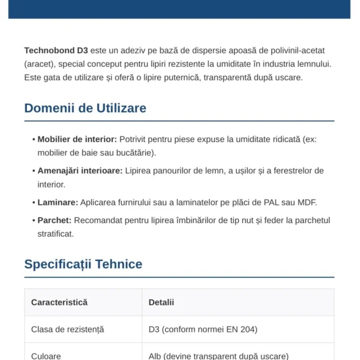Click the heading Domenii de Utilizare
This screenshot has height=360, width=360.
85,108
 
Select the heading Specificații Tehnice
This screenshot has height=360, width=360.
83,264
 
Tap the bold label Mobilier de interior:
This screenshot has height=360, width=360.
77,139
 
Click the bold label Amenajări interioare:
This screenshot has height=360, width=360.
80,171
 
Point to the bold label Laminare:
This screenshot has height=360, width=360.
58,202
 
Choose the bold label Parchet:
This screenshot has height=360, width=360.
55,220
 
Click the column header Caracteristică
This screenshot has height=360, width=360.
59,302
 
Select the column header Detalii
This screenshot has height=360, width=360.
161,302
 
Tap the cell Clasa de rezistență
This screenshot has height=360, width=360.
67,329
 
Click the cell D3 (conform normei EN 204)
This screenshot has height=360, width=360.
203,329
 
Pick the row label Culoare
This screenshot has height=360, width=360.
46,356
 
